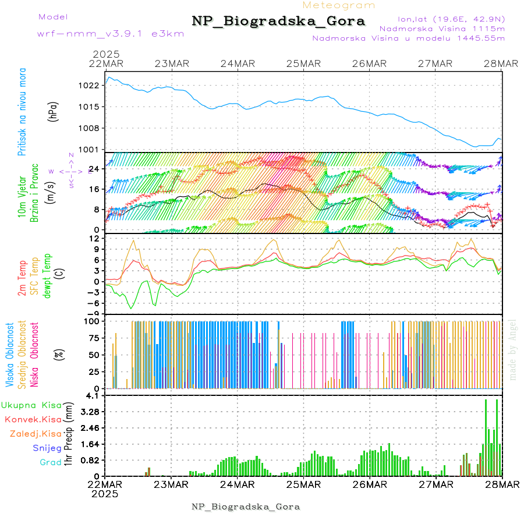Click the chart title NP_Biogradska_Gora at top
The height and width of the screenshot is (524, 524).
point(278,22)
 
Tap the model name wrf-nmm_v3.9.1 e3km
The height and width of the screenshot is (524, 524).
point(102,34)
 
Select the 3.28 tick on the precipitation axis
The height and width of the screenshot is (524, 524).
point(90,412)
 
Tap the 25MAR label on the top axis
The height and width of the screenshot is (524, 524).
point(303,63)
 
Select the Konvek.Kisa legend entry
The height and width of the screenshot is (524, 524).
point(33,419)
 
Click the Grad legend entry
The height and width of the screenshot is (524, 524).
point(50,463)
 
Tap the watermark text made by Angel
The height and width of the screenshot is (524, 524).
point(513,349)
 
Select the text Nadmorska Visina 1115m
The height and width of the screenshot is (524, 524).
point(441,28)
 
